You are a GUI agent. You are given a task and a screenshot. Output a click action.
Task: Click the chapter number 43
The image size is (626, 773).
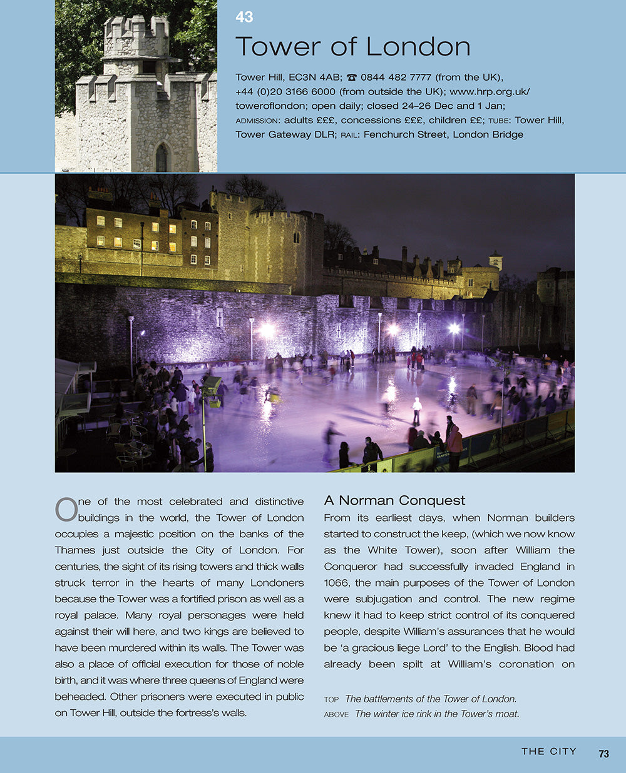click(x=244, y=17)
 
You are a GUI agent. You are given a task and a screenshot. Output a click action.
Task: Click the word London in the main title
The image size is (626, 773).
click(x=418, y=47)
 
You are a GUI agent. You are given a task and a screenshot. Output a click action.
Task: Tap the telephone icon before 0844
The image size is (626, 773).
click(x=352, y=78)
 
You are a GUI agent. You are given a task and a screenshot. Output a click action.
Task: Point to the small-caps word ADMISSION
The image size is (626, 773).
click(x=257, y=121)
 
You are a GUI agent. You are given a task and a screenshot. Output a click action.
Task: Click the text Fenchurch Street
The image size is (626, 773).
click(x=405, y=134)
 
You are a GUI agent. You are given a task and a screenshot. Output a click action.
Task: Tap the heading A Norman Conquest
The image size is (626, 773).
click(x=394, y=500)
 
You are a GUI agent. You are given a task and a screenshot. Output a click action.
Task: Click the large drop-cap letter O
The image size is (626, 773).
click(x=66, y=510)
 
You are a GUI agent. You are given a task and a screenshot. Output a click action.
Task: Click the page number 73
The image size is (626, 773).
click(x=603, y=754)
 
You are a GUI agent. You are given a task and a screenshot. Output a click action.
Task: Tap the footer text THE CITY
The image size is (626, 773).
click(x=549, y=752)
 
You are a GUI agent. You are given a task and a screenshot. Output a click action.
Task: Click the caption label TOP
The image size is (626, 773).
click(x=331, y=700)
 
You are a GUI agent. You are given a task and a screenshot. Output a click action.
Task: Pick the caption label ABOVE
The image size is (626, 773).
click(x=336, y=714)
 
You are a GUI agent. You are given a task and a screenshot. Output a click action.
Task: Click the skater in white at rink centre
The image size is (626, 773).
click(x=416, y=411)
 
